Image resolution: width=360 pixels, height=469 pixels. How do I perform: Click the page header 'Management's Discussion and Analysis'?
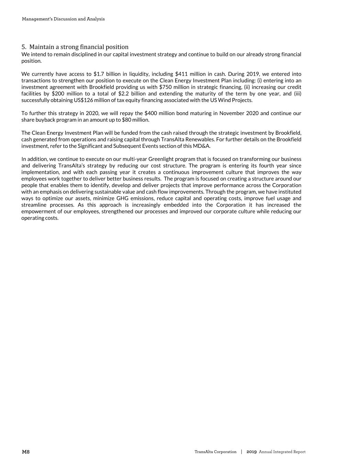point(63,19)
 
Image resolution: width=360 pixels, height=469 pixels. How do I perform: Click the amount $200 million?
point(67,93)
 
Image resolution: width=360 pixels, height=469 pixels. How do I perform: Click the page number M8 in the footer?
point(26,452)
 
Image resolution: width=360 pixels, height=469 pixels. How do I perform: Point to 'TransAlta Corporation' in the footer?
point(215,452)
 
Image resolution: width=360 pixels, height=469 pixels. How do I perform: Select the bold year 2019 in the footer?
point(251,452)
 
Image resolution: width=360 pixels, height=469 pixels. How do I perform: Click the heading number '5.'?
point(24,47)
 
